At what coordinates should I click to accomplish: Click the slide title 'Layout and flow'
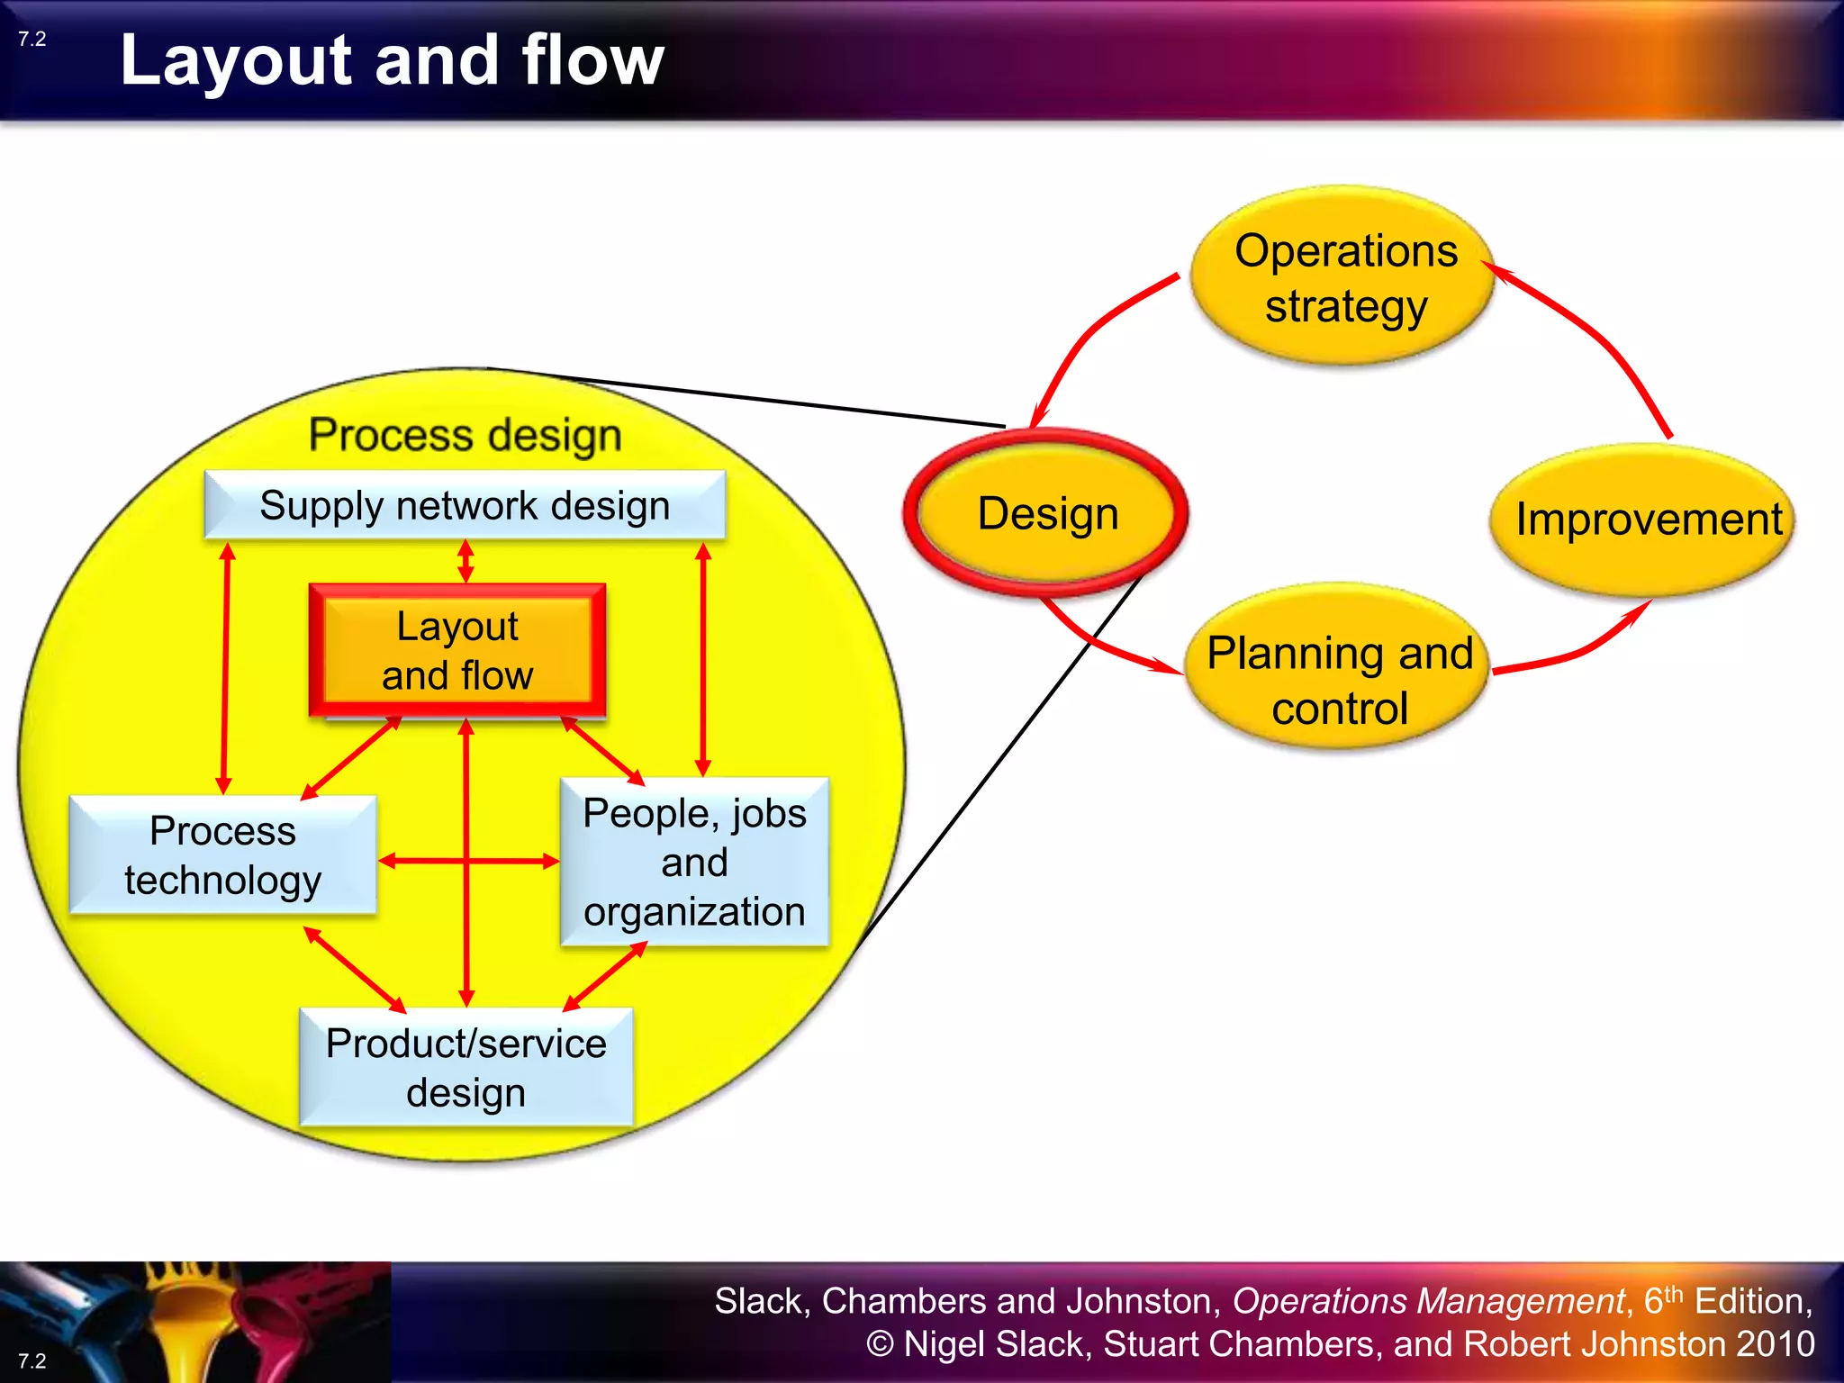392,60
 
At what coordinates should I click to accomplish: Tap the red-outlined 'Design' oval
1047,513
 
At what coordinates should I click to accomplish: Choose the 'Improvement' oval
1648,520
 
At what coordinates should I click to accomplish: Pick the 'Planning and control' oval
1339,680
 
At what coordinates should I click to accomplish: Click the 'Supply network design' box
465,505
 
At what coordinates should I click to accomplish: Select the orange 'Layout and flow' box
457,650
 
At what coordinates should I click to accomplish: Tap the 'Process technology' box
222,854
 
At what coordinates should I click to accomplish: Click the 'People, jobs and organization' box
694,862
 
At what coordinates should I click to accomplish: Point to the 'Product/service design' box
466,1067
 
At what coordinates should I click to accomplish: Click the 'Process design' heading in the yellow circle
465,435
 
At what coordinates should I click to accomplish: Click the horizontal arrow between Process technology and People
423,861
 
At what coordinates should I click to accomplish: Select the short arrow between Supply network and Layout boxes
466,561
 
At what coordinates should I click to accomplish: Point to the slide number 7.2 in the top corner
32,39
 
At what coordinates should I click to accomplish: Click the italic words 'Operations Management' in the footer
1428,1301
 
